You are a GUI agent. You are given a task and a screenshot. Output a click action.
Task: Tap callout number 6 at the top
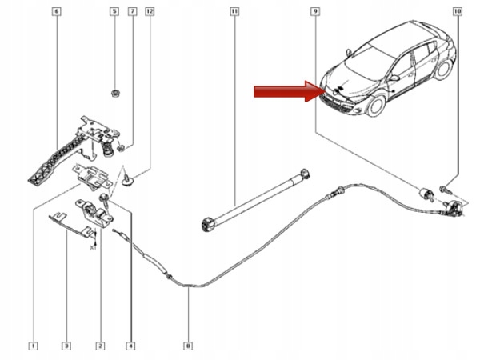(x=55, y=12)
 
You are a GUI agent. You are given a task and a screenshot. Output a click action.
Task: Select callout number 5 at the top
(x=114, y=12)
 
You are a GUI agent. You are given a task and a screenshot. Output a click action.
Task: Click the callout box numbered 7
(x=132, y=12)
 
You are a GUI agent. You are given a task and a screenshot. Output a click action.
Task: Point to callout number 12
(x=150, y=12)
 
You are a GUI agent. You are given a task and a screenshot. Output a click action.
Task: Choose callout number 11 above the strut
(x=234, y=12)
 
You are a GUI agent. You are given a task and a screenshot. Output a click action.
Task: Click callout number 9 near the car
(x=316, y=12)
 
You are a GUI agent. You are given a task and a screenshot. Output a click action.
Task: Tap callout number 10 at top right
(x=457, y=12)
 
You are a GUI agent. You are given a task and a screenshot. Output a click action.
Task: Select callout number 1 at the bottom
(x=32, y=346)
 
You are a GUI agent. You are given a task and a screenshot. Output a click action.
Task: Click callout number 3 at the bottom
(x=66, y=346)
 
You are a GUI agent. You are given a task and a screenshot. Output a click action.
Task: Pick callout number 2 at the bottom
(x=100, y=346)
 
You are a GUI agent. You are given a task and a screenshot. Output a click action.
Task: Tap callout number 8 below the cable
(x=188, y=346)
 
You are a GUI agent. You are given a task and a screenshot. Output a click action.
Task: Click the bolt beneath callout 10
(x=443, y=189)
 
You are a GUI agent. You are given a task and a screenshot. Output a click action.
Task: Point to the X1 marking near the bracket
(x=92, y=247)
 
